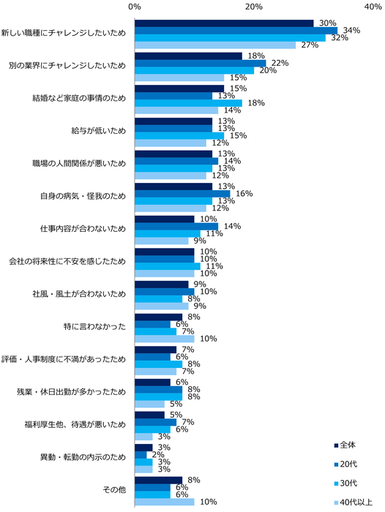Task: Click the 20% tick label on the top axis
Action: tap(254, 7)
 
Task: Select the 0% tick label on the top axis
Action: tap(135, 7)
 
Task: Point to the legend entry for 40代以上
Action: tap(355, 502)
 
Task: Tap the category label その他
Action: tap(117, 490)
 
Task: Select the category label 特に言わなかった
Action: tap(95, 326)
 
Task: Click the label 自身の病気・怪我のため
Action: tap(83, 195)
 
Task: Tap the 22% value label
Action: tap(280, 63)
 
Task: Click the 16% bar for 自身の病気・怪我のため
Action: tap(183, 194)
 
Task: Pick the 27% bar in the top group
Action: tap(215, 45)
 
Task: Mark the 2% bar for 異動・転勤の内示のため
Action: tap(141, 455)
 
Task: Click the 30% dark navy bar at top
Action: tap(224, 23)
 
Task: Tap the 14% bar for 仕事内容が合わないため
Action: tap(176, 226)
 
